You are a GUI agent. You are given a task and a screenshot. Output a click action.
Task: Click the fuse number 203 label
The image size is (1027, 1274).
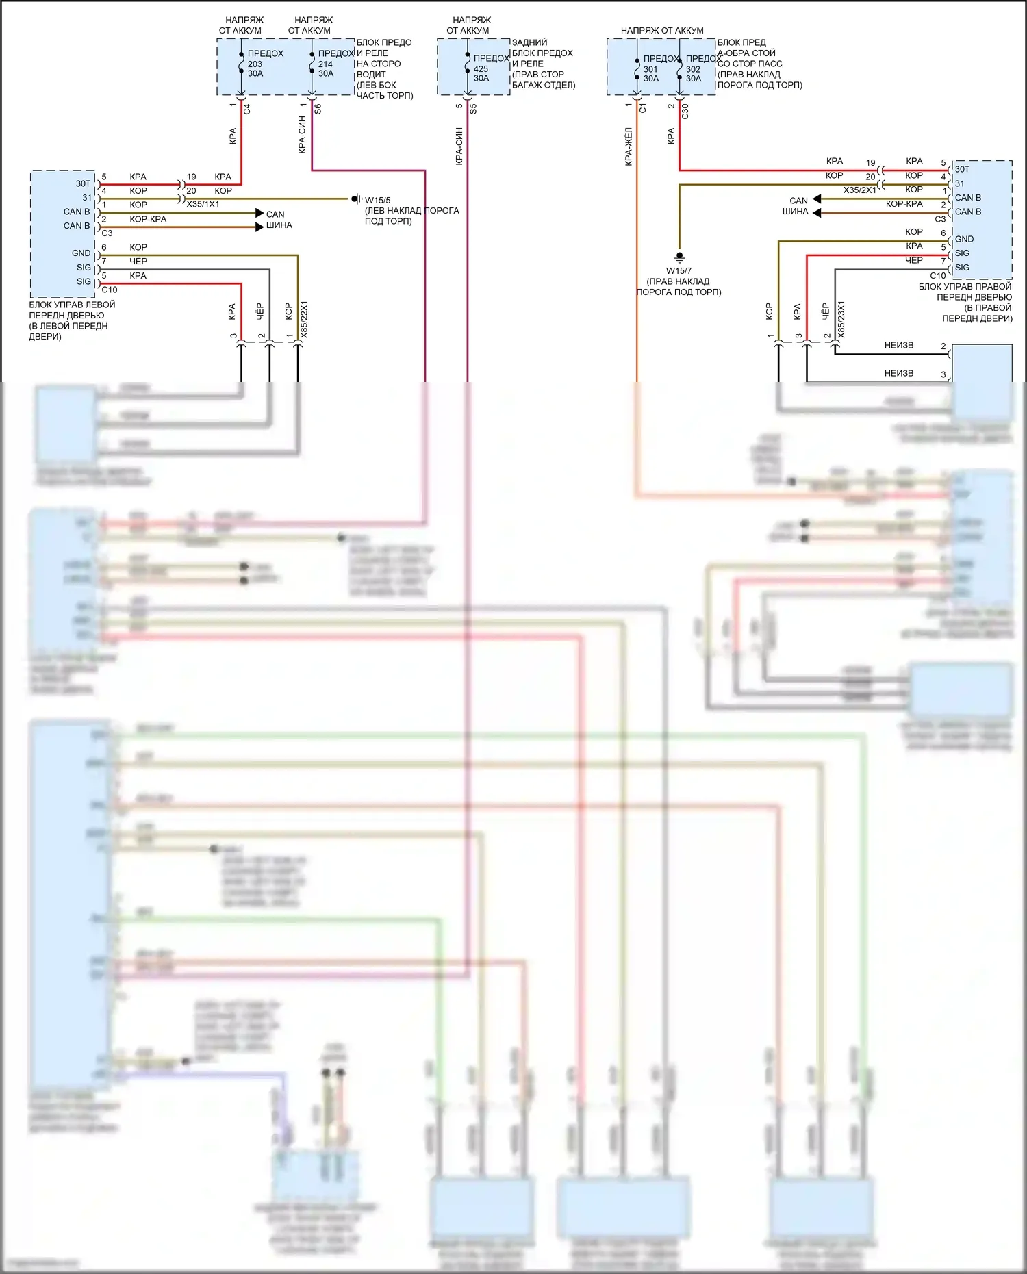tap(255, 64)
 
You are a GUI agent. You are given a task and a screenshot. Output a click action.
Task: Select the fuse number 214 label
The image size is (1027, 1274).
tap(325, 64)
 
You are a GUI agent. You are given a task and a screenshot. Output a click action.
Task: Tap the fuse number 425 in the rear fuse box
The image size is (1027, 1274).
tap(481, 68)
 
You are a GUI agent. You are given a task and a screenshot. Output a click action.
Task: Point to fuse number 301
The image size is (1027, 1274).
tap(650, 69)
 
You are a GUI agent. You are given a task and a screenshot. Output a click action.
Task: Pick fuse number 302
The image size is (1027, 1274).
tap(693, 69)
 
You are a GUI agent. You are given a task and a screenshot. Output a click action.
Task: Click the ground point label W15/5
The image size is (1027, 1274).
tap(377, 201)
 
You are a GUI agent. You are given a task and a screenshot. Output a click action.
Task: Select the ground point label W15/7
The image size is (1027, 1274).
tap(679, 270)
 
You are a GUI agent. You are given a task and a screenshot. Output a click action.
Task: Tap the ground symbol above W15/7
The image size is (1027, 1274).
tap(679, 257)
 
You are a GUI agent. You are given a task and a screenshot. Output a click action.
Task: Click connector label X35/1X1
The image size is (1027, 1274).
tap(203, 204)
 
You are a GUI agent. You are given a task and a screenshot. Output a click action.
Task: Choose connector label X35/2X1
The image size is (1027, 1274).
tap(859, 190)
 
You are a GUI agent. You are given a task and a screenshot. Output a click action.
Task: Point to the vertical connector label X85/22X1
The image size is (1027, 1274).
tap(305, 319)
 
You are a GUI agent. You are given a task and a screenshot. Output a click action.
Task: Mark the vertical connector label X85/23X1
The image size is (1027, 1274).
tap(841, 319)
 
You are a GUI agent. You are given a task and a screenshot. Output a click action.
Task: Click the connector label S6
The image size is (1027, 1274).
tap(318, 108)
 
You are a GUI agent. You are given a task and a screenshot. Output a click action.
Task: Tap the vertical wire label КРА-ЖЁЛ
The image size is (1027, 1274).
tap(629, 146)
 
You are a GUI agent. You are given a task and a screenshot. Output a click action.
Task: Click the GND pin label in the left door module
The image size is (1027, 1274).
tap(81, 253)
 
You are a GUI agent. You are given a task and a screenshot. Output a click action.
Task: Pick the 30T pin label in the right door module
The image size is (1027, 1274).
tap(962, 169)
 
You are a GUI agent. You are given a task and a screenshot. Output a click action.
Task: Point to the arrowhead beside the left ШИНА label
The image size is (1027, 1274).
tap(259, 227)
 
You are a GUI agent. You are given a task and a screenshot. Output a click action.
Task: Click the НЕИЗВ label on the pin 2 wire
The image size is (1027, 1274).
tap(898, 346)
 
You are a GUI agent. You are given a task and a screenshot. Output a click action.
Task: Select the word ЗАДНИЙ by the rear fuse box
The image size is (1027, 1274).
tap(529, 42)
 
